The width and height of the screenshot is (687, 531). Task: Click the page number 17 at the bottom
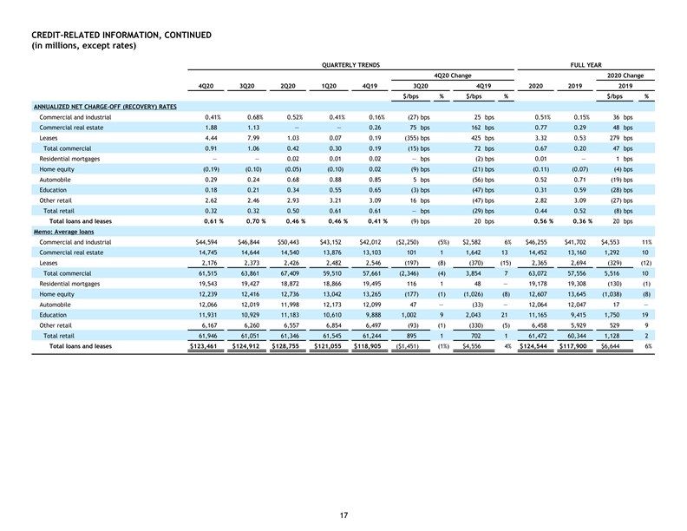click(343, 515)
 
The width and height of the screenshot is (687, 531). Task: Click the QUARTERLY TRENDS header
click(350, 65)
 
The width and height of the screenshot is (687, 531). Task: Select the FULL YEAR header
click(586, 65)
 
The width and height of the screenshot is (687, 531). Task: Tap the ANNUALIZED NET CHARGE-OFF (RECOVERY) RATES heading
click(105, 107)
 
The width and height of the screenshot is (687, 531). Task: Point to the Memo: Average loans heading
click(63, 232)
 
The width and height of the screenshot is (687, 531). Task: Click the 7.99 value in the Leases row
click(253, 138)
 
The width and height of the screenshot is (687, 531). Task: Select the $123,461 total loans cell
click(203, 346)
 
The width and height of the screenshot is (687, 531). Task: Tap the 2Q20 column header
click(288, 86)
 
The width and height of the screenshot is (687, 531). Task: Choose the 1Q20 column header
click(329, 86)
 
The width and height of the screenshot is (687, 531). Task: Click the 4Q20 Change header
click(453, 75)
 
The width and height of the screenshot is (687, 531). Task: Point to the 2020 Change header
click(625, 75)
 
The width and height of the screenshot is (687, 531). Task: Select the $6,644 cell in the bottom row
click(611, 346)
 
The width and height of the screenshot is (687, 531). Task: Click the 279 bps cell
click(621, 138)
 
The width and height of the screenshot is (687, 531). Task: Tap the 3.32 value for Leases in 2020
click(540, 138)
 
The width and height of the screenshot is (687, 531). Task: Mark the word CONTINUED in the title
click(187, 35)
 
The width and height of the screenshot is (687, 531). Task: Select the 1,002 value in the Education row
click(409, 315)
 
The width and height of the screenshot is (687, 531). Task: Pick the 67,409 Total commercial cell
click(290, 273)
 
